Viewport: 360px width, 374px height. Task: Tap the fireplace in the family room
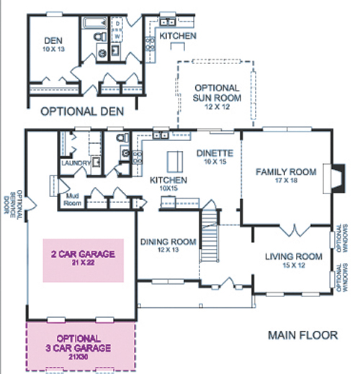tap(334, 178)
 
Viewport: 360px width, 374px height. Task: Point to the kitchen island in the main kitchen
tap(175, 162)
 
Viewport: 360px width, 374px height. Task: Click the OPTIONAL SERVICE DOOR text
tap(13, 204)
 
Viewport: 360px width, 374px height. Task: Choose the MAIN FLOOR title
tap(303, 335)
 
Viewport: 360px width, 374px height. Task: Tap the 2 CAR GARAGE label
tap(83, 257)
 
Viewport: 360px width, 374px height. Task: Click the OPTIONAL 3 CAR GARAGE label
tap(78, 347)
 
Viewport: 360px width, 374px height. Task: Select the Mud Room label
tap(72, 199)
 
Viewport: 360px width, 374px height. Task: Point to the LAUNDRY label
tap(76, 163)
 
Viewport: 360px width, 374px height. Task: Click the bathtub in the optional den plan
tap(94, 23)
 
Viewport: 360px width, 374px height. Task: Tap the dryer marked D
tap(117, 24)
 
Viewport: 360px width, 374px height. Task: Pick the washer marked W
tap(117, 37)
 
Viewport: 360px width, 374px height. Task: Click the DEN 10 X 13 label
tap(53, 44)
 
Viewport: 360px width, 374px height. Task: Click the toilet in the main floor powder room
tap(122, 138)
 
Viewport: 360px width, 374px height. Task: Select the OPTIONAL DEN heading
tap(82, 111)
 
